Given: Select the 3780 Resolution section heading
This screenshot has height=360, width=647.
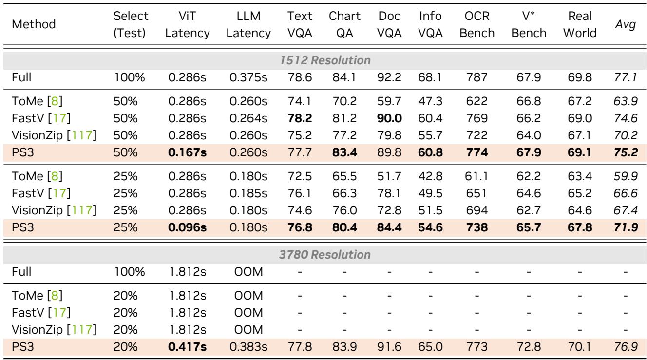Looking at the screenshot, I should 323,254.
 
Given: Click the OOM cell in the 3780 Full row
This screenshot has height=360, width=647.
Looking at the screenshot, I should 253,268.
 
